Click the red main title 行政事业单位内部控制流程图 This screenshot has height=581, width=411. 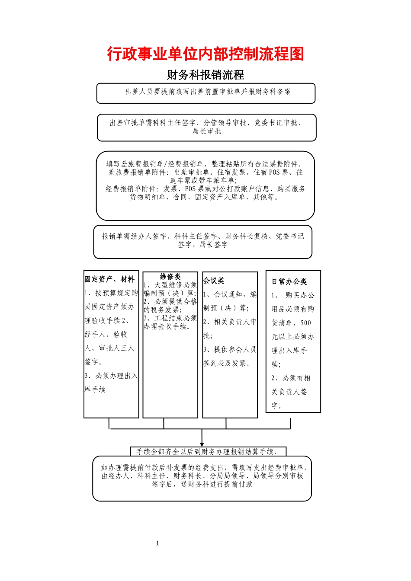click(x=205, y=54)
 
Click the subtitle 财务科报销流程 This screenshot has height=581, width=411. click(x=205, y=75)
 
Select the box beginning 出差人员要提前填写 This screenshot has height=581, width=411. click(x=206, y=93)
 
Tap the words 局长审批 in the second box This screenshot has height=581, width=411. click(x=206, y=131)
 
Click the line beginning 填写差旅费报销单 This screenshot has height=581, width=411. click(x=205, y=164)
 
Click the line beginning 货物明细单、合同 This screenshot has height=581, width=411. click(x=205, y=197)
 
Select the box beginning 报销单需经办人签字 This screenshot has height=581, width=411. click(x=203, y=241)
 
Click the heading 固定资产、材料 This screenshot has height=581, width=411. click(x=109, y=279)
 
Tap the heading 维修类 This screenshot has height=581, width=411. click(x=170, y=277)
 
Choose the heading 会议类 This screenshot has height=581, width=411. click(x=214, y=281)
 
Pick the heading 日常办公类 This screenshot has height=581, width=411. click(x=289, y=281)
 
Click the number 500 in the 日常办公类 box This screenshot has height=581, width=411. click(x=305, y=323)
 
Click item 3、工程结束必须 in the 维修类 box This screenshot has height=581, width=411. click(x=170, y=318)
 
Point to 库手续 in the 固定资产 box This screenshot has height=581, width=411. click(x=95, y=389)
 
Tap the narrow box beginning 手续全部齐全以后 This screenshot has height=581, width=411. click(x=208, y=452)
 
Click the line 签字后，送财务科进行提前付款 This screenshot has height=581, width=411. click(x=202, y=484)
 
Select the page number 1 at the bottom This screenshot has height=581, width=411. click(x=157, y=543)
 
